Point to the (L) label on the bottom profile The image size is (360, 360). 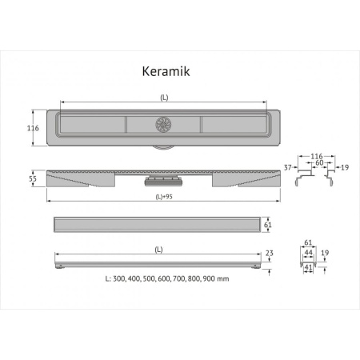pos(158,250)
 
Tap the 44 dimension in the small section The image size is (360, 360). pos(307,250)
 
